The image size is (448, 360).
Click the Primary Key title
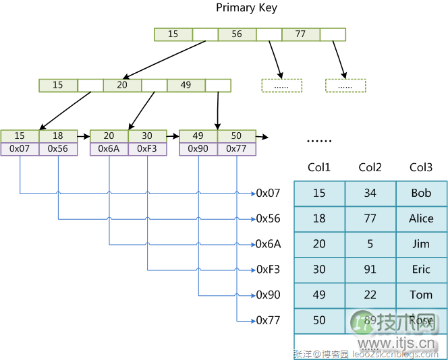[x=246, y=8]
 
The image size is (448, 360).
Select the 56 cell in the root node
[x=237, y=34]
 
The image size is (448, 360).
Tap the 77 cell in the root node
[x=300, y=34]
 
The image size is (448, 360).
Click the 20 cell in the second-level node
[x=122, y=86]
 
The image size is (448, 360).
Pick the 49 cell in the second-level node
[x=186, y=86]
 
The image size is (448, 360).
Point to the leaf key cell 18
[x=58, y=136]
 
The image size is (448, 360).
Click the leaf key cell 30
[x=147, y=136]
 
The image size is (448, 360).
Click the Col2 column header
[x=370, y=168]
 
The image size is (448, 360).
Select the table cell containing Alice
[x=421, y=218]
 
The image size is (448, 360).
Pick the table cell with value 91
[x=370, y=270]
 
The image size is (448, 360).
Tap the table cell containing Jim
[x=421, y=244]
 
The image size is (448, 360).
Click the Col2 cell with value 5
[x=370, y=244]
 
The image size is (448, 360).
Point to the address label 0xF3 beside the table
[x=268, y=270]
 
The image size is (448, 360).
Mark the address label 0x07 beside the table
[x=268, y=193]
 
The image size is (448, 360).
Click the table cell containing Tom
[x=421, y=295]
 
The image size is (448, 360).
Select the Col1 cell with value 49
[x=319, y=295]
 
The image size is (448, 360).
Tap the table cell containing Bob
[x=421, y=193]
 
